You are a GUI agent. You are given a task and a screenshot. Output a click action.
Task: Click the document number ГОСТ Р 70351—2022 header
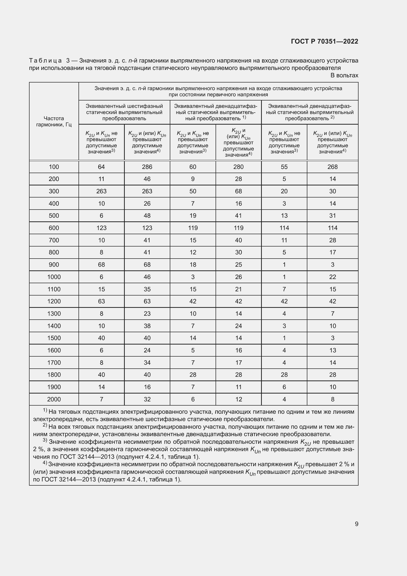pyautogui.click(x=325, y=41)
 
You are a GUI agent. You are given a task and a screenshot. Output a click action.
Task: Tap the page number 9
pyautogui.click(x=356, y=524)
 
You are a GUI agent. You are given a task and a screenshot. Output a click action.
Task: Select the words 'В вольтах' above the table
pyautogui.click(x=344, y=75)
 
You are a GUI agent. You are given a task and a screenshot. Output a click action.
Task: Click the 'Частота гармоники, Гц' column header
pyautogui.click(x=54, y=121)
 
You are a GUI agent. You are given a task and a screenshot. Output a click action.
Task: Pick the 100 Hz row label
pyautogui.click(x=54, y=167)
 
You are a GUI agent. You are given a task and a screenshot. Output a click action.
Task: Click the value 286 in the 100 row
pyautogui.click(x=147, y=167)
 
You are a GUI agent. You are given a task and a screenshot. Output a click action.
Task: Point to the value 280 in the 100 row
pyautogui.click(x=238, y=167)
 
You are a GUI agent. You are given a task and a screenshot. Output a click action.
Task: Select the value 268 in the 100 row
pyautogui.click(x=333, y=167)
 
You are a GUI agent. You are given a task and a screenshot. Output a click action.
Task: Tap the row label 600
pyautogui.click(x=54, y=228)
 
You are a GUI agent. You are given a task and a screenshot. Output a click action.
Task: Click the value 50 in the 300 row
pyautogui.click(x=193, y=191)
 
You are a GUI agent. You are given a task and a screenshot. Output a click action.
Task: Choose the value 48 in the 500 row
pyautogui.click(x=147, y=215)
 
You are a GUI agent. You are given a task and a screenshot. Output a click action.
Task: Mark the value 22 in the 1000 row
pyautogui.click(x=333, y=277)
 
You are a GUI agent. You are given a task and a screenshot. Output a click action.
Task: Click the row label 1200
pyautogui.click(x=54, y=301)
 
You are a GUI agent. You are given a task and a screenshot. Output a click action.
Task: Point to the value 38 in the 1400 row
pyautogui.click(x=147, y=326)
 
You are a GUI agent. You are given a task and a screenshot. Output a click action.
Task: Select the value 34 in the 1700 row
pyautogui.click(x=147, y=362)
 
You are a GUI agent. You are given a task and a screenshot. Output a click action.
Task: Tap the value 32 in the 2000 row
pyautogui.click(x=147, y=399)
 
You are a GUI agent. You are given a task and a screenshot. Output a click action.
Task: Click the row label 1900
pyautogui.click(x=54, y=387)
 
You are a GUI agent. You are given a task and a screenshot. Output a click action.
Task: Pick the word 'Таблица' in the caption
pyautogui.click(x=45, y=61)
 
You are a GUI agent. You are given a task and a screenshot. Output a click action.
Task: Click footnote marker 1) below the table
pyautogui.click(x=45, y=411)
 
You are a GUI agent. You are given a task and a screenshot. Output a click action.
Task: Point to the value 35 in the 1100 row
pyautogui.click(x=147, y=289)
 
